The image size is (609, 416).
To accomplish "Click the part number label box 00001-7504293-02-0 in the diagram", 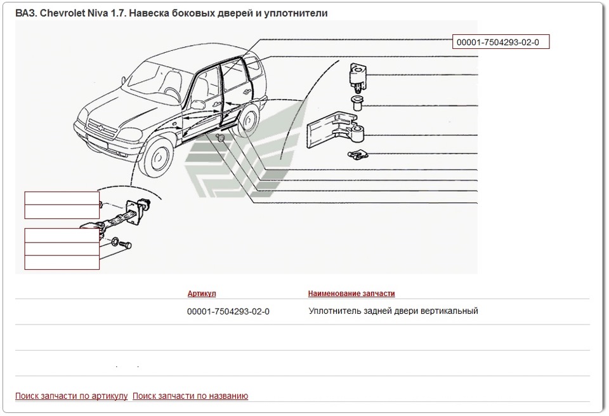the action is [501, 42].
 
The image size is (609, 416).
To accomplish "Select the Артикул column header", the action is [202, 293].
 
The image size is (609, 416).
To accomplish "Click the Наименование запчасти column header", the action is [351, 293].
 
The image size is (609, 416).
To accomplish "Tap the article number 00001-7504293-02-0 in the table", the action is [228, 311].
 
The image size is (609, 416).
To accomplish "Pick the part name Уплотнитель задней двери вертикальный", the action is [393, 311].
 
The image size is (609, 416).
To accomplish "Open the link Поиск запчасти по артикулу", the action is [72, 396].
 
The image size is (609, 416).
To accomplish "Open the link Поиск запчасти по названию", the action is [190, 396].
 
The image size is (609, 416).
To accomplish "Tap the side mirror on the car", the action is [197, 105].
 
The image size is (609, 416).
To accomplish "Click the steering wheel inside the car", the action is [172, 93].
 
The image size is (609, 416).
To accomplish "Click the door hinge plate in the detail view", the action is [336, 129].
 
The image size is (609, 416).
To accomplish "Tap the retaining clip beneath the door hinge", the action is [358, 155].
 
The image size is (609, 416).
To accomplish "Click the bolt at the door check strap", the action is [126, 245].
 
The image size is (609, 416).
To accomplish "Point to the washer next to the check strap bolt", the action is [115, 241].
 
